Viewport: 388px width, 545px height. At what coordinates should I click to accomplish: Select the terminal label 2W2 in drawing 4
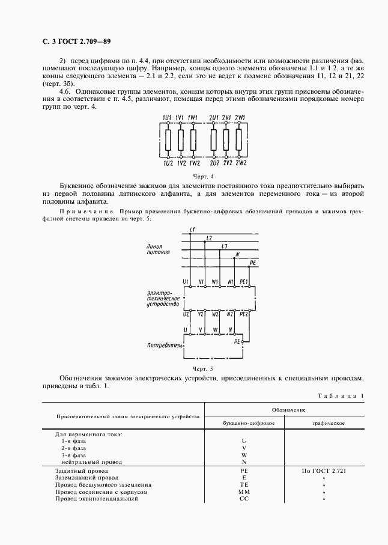point(241,163)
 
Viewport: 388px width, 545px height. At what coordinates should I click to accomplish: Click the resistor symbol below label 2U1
point(214,141)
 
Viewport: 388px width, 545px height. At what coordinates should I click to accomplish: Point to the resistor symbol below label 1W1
point(193,141)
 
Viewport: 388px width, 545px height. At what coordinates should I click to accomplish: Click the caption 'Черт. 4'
point(203,177)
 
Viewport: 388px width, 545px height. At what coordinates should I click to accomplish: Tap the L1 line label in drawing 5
point(193,230)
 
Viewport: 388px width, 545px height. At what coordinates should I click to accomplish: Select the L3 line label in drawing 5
point(224,247)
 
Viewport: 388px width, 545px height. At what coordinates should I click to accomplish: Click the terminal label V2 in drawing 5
point(201,314)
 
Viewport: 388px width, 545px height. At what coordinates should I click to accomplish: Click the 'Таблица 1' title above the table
point(342,395)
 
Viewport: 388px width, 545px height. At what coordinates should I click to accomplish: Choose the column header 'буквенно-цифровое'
point(244,423)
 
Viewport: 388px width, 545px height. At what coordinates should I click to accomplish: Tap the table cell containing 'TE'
point(244,484)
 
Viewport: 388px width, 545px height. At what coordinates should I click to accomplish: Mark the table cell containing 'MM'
point(244,491)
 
